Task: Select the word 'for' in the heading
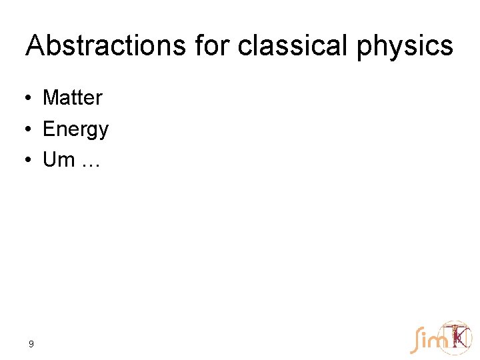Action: (x=211, y=45)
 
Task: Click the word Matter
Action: (x=72, y=98)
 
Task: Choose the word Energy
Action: (x=75, y=129)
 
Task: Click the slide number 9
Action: (x=31, y=345)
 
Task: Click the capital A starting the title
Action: (x=35, y=45)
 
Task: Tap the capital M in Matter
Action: (x=51, y=98)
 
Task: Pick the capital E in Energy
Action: (x=49, y=129)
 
